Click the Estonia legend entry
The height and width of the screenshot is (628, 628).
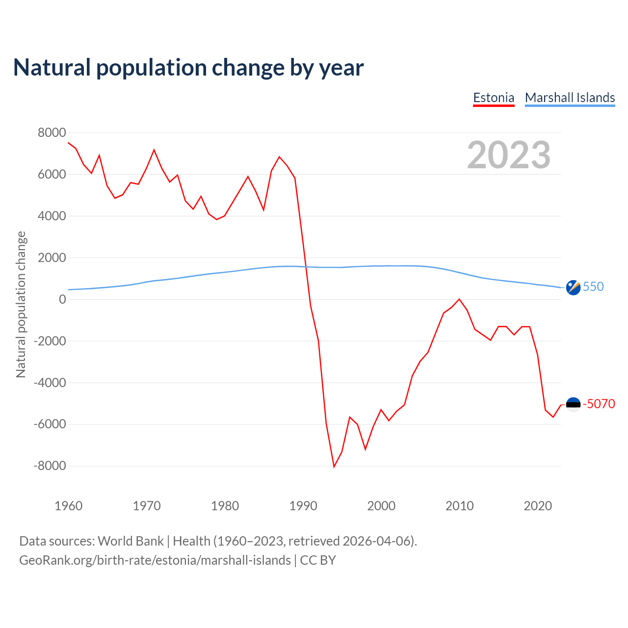point(494,98)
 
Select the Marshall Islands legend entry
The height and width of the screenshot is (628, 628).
point(570,98)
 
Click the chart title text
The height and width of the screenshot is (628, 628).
point(188,68)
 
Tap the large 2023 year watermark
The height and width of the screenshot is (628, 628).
point(509,155)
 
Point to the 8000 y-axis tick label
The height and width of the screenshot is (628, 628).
point(52,132)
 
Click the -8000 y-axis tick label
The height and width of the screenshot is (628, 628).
point(50,466)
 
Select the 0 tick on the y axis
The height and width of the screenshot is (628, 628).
point(62,299)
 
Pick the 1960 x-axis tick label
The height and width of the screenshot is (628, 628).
point(69,506)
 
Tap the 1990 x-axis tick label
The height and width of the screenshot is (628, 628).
point(303,506)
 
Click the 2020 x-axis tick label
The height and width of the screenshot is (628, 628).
point(538,506)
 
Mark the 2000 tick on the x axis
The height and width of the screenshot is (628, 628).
point(381,506)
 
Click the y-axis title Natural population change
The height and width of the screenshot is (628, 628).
point(21,305)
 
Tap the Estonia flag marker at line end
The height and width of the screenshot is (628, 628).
point(573,404)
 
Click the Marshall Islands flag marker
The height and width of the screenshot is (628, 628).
point(573,287)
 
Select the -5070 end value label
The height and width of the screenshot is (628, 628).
point(599,404)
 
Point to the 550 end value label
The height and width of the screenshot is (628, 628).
point(593,287)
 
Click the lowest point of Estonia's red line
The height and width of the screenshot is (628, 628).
point(334,467)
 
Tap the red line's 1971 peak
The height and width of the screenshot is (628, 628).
point(154,150)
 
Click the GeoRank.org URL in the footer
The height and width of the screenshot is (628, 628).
point(155,560)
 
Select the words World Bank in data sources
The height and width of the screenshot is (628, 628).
point(131,541)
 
